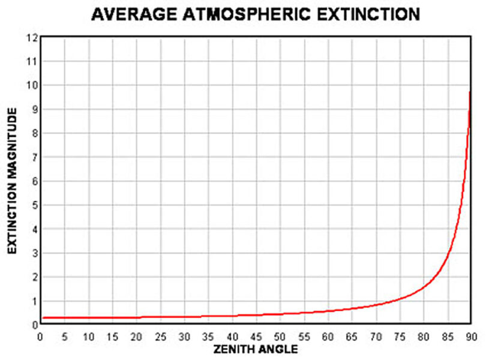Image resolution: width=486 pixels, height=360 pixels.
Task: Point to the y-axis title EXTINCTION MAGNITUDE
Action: (11, 181)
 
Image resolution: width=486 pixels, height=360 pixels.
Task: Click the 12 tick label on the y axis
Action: (32, 38)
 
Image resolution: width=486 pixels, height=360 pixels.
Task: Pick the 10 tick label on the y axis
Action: (32, 85)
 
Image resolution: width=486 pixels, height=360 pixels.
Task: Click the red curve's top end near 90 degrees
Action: (470, 92)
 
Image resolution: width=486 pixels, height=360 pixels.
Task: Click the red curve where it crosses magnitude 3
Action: (450, 253)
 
